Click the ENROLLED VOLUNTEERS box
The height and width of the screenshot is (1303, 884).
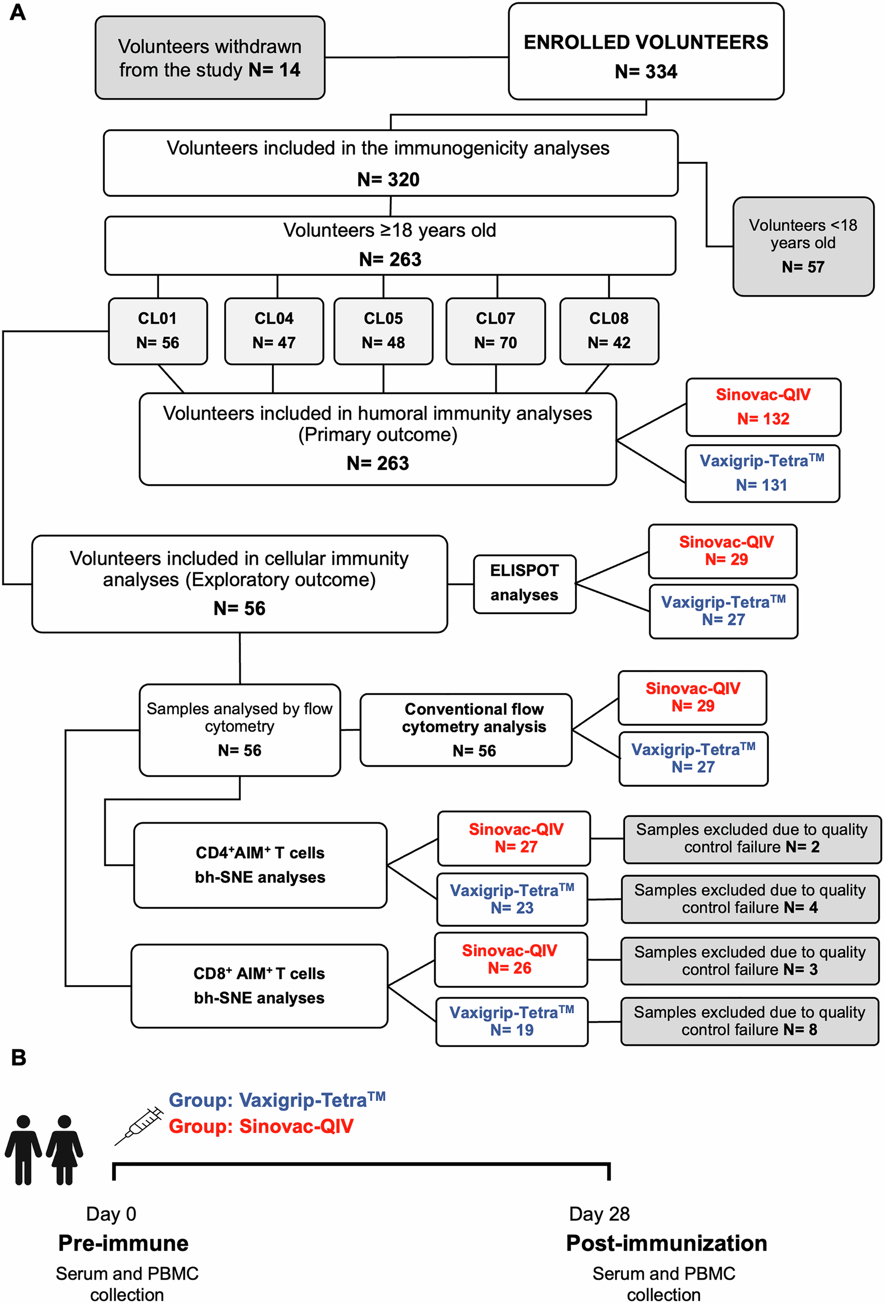tap(646, 52)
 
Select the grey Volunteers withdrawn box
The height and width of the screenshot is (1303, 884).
tap(210, 58)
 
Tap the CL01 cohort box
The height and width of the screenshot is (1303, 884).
tap(157, 331)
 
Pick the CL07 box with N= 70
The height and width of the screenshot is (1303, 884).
tap(496, 331)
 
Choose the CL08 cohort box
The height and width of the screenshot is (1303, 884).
tap(609, 331)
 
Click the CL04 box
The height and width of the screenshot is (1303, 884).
tap(274, 331)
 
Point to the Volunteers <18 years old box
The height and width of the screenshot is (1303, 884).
tap(803, 246)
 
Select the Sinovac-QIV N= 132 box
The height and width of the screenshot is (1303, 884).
tap(764, 407)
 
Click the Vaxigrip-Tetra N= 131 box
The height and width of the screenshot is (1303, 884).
tap(763, 473)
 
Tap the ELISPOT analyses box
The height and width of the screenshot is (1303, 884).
tap(525, 584)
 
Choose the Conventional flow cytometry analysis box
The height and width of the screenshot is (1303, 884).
tap(466, 730)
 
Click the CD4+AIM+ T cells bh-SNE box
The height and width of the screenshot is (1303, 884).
tap(260, 865)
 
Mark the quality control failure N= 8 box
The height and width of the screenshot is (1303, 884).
tap(750, 1021)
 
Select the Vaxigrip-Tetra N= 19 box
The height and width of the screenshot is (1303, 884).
tap(512, 1022)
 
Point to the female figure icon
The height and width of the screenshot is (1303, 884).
tap(65, 1149)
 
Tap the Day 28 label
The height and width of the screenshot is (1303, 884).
tap(599, 1213)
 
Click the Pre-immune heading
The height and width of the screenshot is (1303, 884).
tap(124, 1243)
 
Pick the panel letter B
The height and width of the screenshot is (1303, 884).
tap(18, 1058)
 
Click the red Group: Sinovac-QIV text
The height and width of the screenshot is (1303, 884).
tap(261, 1126)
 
